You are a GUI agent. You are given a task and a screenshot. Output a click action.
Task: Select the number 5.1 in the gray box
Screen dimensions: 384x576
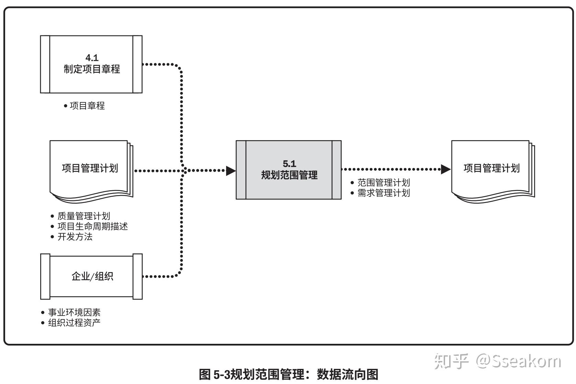click(289, 163)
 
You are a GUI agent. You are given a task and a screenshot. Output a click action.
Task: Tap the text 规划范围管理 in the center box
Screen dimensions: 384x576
click(289, 175)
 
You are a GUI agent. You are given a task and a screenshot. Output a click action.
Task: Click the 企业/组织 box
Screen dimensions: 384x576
click(91, 276)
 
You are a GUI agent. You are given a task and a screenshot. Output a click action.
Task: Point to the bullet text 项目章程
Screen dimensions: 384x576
click(87, 106)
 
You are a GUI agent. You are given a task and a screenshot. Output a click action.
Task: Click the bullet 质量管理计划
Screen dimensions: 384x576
click(84, 216)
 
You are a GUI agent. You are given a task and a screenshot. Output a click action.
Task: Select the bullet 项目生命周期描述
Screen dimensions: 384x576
click(92, 226)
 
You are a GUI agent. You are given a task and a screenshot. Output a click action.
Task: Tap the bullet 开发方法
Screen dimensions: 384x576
click(75, 237)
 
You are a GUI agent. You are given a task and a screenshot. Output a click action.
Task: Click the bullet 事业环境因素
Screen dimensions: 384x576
click(74, 312)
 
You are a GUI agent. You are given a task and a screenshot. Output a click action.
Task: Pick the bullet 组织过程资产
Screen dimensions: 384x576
click(74, 323)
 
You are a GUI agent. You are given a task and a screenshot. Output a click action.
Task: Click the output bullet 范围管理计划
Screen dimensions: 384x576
click(383, 182)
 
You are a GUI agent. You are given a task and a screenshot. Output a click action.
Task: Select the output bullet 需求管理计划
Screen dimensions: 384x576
click(383, 193)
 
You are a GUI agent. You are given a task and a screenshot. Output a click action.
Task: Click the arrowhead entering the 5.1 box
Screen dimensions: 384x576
click(231, 170)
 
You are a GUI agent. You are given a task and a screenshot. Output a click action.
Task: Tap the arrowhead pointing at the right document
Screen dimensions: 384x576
click(445, 169)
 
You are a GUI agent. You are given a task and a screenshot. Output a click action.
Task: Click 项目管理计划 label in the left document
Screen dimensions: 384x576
click(90, 168)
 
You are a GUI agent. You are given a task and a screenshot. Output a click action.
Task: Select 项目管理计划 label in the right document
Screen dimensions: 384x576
click(491, 168)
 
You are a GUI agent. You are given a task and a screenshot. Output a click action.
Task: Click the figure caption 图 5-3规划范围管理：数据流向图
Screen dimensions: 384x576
click(289, 374)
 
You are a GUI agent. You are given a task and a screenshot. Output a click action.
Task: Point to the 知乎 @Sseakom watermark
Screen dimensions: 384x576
click(498, 361)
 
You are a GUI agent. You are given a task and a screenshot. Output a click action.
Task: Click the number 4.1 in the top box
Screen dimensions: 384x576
click(92, 58)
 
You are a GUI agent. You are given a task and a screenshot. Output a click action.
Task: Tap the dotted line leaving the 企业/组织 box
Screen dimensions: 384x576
click(160, 276)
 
